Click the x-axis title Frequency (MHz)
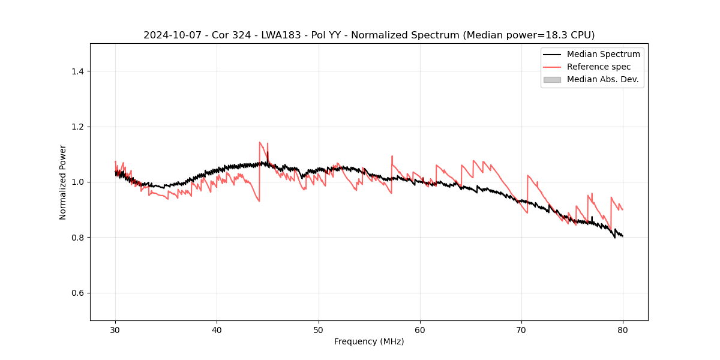tap(369, 341)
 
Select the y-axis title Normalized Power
tap(63, 182)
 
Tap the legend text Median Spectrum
tap(603, 54)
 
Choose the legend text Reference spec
tap(599, 67)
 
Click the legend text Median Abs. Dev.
tap(602, 79)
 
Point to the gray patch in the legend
tap(552, 79)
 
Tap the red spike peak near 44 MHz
tap(260, 142)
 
